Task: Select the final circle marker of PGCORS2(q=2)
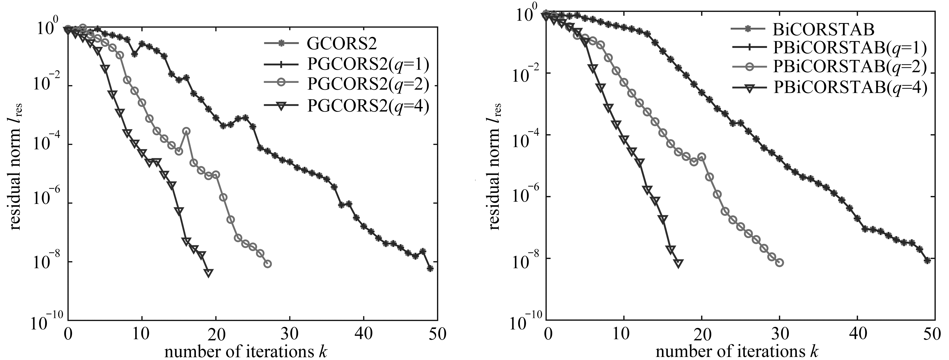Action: [268, 264]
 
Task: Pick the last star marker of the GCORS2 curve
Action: [430, 269]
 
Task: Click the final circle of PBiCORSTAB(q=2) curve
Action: [779, 263]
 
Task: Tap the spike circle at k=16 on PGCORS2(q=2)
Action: [186, 131]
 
